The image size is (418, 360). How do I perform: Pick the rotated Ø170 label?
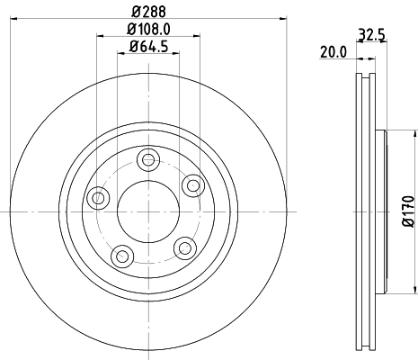(x=406, y=210)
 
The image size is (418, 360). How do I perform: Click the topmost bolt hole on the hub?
(x=148, y=159)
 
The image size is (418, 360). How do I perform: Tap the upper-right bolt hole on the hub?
(x=191, y=184)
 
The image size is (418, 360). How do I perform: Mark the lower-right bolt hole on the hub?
(x=184, y=246)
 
